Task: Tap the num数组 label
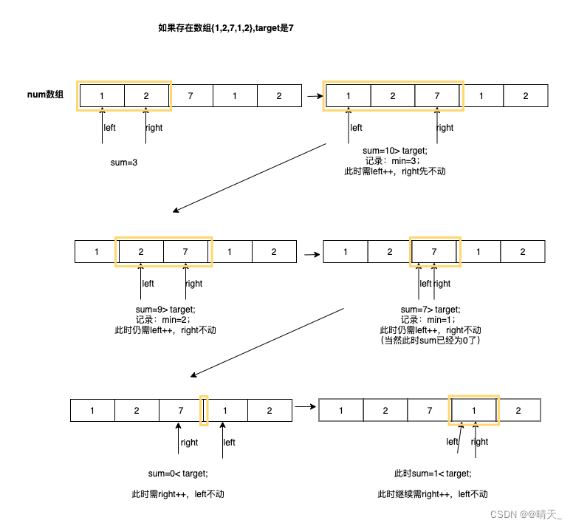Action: click(x=45, y=95)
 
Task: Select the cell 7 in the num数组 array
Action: click(x=191, y=96)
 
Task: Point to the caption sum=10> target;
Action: click(x=395, y=151)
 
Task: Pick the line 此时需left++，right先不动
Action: click(x=395, y=171)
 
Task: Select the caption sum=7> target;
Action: click(x=430, y=310)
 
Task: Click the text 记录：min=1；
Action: click(x=430, y=320)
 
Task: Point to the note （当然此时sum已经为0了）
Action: click(x=430, y=341)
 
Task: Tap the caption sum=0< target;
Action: click(x=178, y=474)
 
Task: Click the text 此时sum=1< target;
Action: click(x=433, y=474)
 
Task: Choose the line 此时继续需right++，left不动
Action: click(x=433, y=494)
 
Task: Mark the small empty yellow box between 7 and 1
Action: click(x=205, y=411)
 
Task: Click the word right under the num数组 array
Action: click(x=154, y=128)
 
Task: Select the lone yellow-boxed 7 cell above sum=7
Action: click(x=434, y=251)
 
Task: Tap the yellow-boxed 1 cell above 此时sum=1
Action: click(x=474, y=411)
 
